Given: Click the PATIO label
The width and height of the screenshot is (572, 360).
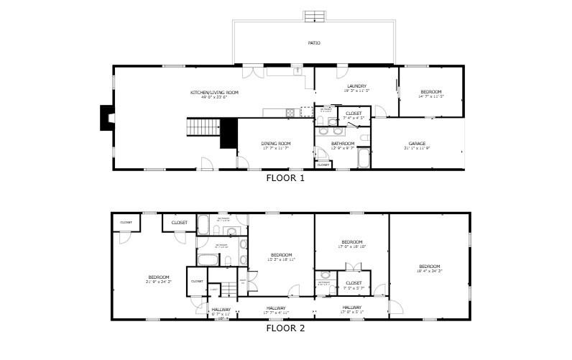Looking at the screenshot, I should (x=314, y=43).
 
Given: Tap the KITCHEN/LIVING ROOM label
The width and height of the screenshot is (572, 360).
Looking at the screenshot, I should (x=214, y=93).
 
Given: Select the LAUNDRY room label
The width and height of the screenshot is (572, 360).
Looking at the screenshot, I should (x=357, y=86).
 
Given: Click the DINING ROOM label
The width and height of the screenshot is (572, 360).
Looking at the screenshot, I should (x=276, y=143).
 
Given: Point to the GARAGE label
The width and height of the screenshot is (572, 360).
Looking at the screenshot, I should (x=418, y=143).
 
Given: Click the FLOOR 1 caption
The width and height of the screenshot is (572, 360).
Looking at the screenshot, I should (x=285, y=178).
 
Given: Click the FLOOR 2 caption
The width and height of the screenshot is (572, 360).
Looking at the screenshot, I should (x=285, y=328).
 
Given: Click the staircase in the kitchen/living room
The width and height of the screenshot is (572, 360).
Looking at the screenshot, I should (x=203, y=127).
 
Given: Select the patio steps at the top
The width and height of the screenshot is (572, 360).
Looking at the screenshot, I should (x=313, y=16).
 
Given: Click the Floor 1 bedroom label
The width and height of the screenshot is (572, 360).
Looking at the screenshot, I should (x=431, y=92).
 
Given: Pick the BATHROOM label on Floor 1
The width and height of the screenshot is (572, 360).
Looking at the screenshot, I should (x=343, y=143).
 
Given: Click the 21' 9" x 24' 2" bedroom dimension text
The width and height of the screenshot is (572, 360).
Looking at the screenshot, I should (x=159, y=282).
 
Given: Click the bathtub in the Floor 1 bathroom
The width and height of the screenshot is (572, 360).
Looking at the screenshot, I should (x=363, y=158).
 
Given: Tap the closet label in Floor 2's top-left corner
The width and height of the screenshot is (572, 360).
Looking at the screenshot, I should (x=126, y=223).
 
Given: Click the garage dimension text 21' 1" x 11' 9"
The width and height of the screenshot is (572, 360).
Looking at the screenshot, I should (x=418, y=148).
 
